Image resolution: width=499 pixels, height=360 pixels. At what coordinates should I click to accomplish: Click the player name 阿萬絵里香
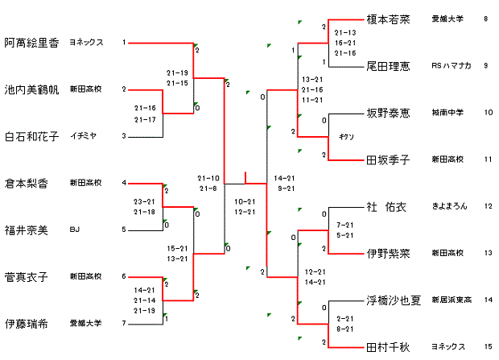pos(31,43)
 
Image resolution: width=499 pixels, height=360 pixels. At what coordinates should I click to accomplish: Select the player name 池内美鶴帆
pos(31,89)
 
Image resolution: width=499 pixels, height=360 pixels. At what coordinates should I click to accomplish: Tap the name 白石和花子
pos(31,136)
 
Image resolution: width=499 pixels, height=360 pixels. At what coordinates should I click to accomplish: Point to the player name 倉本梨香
pos(27,183)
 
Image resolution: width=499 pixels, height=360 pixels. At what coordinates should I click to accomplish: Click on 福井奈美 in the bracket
pos(27,230)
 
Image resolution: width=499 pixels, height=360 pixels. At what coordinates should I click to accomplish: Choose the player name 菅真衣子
pos(27,277)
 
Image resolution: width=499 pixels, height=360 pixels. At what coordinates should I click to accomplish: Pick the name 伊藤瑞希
pos(27,324)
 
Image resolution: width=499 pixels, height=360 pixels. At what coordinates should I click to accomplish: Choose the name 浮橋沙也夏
pos(394,300)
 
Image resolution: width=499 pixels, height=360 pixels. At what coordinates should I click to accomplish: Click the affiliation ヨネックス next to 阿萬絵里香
pos(86,43)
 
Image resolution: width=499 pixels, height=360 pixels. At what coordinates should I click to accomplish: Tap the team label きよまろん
pos(449,206)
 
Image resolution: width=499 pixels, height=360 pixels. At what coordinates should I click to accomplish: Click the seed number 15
pos(486,347)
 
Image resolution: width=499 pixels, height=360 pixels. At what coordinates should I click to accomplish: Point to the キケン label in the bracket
pos(346,136)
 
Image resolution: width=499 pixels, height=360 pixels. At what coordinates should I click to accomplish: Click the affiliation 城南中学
pos(446,113)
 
